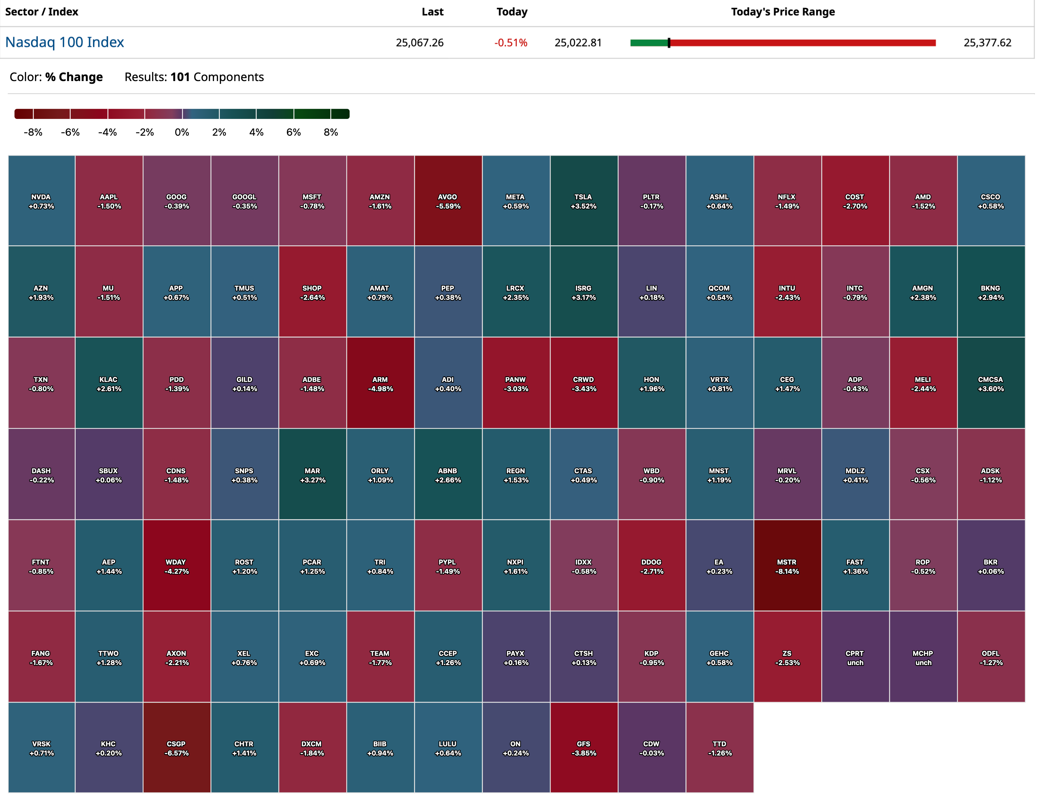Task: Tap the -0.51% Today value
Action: click(511, 43)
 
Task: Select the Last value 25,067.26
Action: click(419, 43)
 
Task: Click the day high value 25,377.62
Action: click(987, 43)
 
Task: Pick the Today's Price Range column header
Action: click(782, 12)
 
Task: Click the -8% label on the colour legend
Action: click(33, 132)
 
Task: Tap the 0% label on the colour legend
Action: click(182, 132)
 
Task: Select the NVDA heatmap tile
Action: click(41, 201)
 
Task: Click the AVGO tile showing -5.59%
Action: click(448, 201)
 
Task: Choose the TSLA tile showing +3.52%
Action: click(583, 201)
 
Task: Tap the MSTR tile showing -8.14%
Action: click(787, 566)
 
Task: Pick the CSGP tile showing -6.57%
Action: click(176, 748)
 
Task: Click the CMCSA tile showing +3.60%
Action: click(991, 384)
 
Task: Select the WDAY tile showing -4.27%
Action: click(176, 566)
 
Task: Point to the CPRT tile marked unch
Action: click(855, 657)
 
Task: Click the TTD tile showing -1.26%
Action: click(719, 748)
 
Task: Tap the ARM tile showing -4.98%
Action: click(380, 384)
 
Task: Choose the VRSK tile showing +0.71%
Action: click(41, 748)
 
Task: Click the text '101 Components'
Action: click(217, 77)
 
